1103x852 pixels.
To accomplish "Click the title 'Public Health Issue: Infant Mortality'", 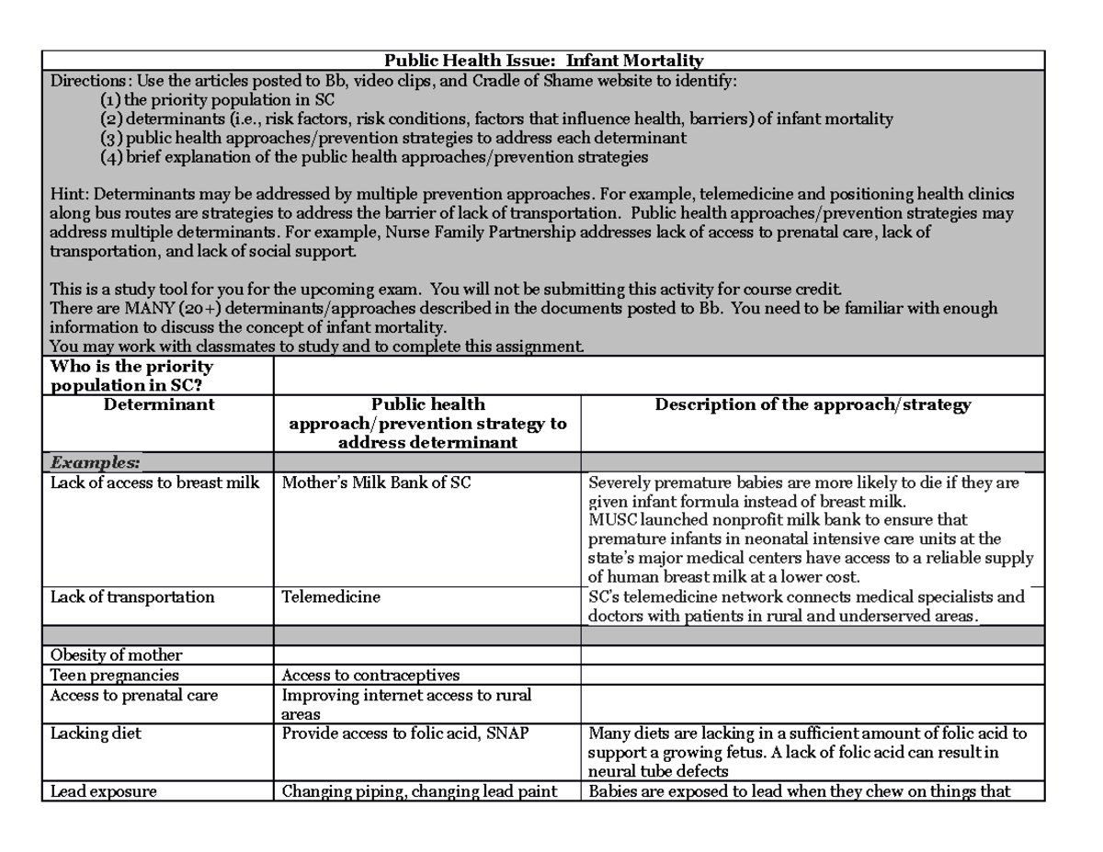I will [x=543, y=61].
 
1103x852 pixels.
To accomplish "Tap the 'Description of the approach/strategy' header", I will [x=813, y=404].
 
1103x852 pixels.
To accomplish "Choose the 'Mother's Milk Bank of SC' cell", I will [x=376, y=483].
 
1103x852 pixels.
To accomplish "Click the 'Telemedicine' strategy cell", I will [x=331, y=597].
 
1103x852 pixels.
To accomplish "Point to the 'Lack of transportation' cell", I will [x=132, y=597].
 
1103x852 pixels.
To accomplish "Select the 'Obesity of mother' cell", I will [x=117, y=655].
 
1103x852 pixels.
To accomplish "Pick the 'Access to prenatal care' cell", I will [x=134, y=695].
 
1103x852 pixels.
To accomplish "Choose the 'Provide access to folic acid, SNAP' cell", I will [x=404, y=733].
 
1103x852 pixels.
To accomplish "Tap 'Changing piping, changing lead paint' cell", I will [x=419, y=791].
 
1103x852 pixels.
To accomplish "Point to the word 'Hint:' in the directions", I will [x=70, y=194].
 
